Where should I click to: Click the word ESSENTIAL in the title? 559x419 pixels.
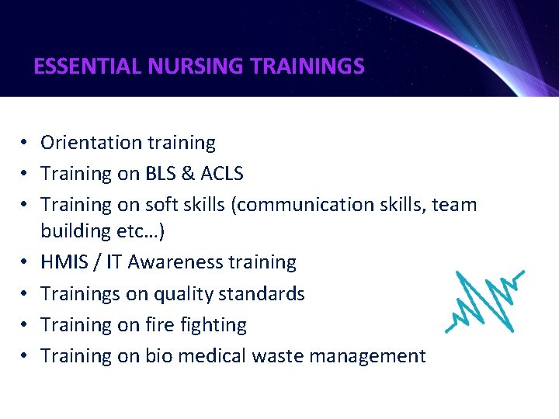click(87, 67)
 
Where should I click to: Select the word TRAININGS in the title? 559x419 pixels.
click(307, 67)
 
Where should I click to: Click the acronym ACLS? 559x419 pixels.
click(222, 174)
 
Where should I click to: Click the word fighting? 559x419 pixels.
click(213, 325)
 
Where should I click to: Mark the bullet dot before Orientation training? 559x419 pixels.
click(26, 144)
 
